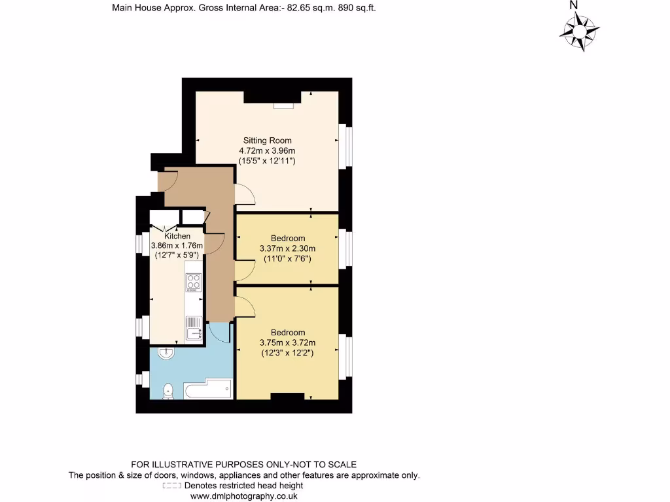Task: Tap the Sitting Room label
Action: pyautogui.click(x=267, y=141)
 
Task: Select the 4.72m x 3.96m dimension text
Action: pyautogui.click(x=267, y=151)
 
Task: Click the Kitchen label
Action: pyautogui.click(x=177, y=236)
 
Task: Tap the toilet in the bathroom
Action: pyautogui.click(x=168, y=391)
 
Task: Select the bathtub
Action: pyautogui.click(x=208, y=391)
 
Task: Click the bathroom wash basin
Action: pyautogui.click(x=166, y=353)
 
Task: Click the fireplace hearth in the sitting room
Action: pyautogui.click(x=284, y=105)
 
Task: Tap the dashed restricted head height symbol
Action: pyautogui.click(x=171, y=486)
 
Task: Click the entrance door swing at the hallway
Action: pyautogui.click(x=169, y=180)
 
